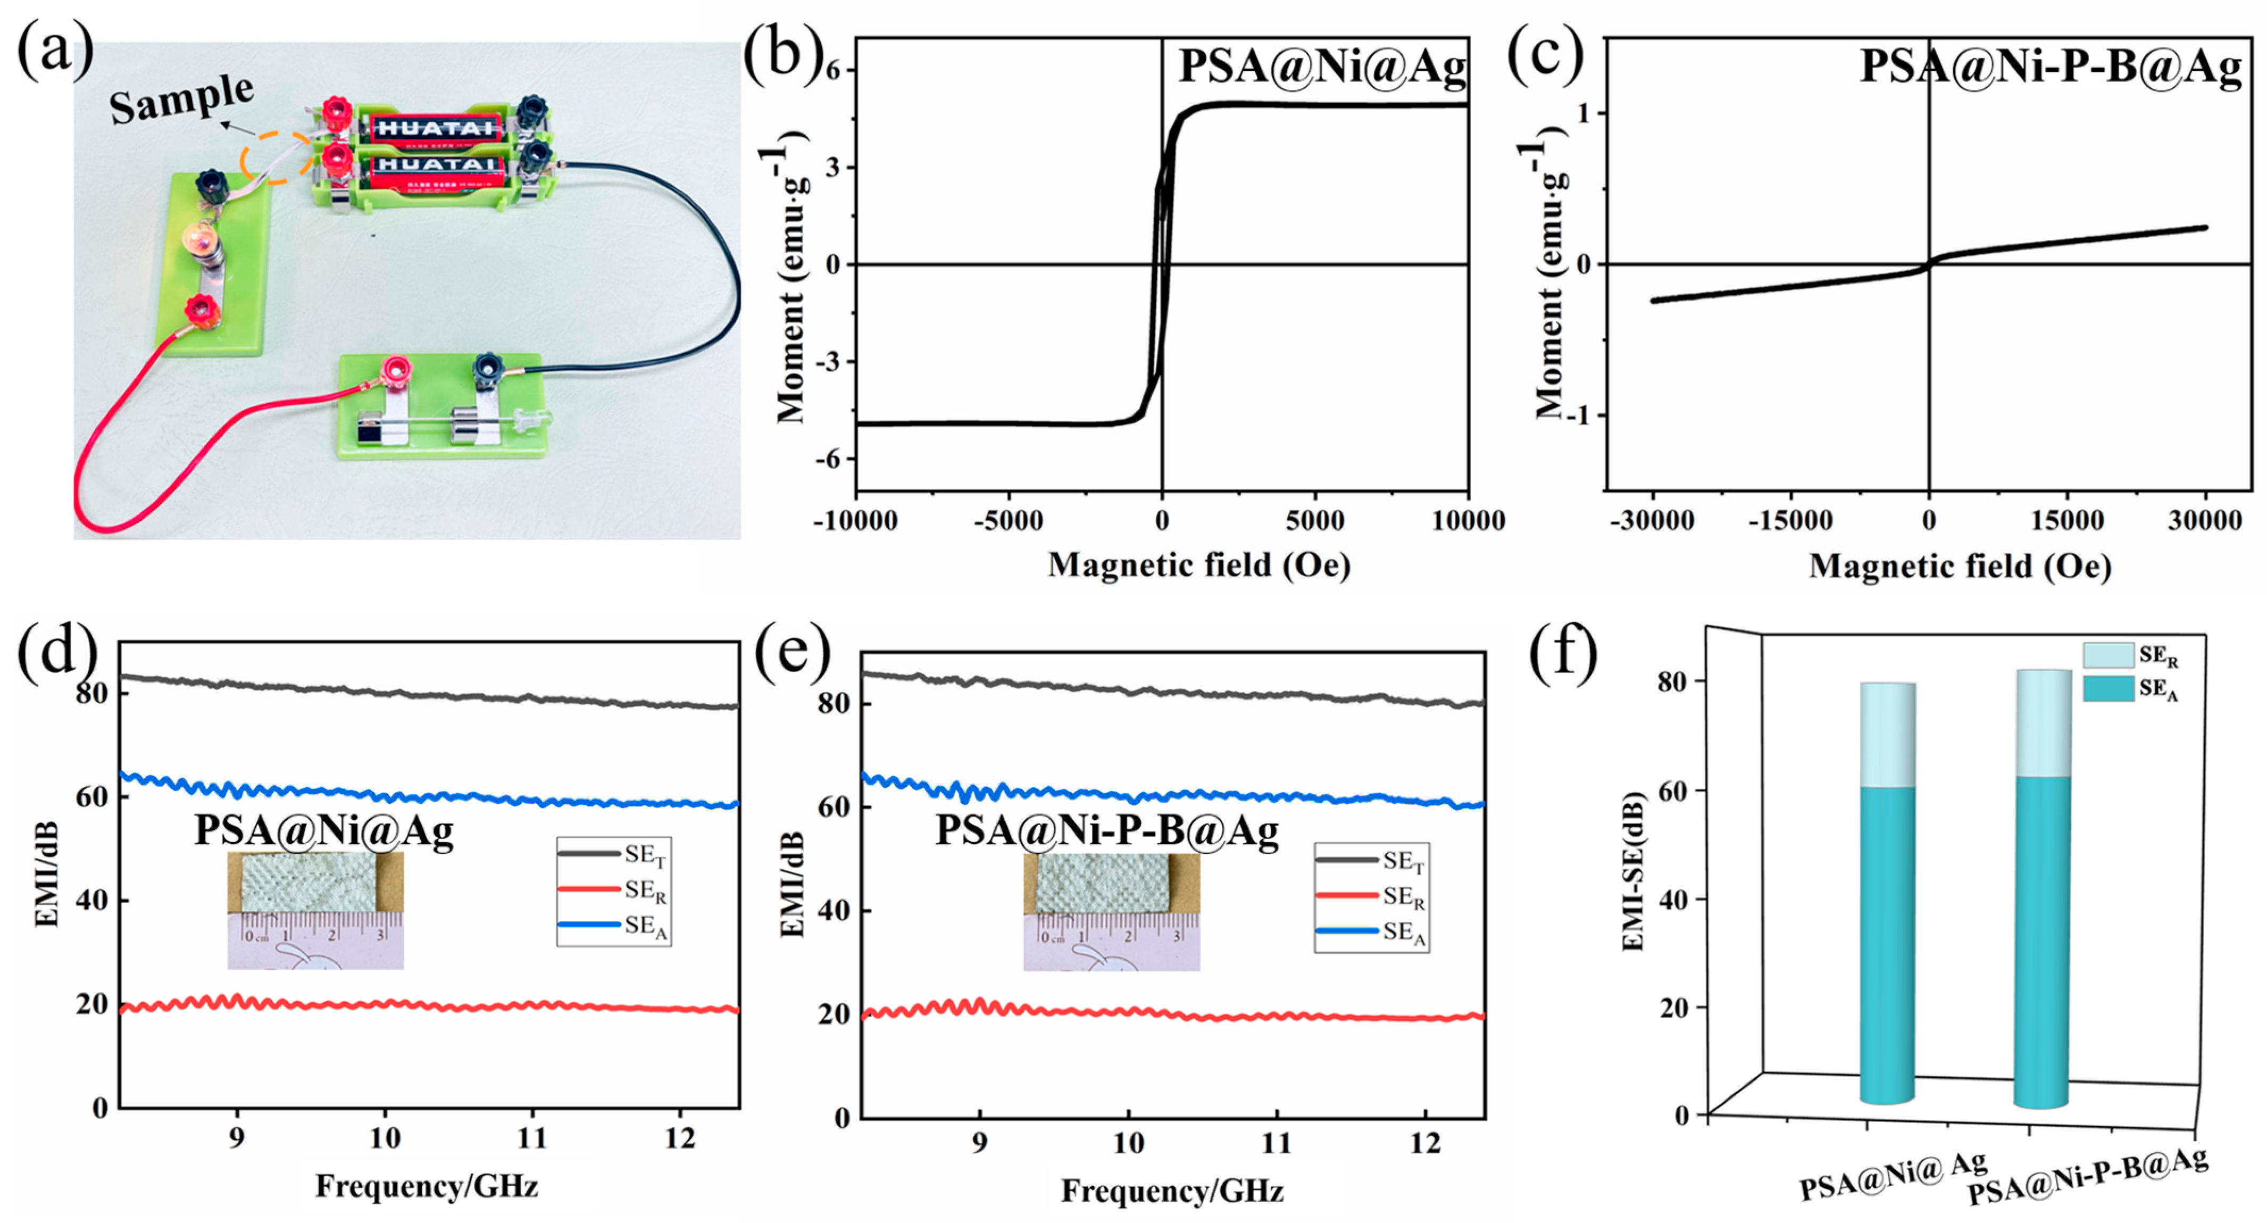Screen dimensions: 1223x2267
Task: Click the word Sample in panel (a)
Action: click(x=181, y=98)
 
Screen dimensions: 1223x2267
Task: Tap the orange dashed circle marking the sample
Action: click(x=277, y=159)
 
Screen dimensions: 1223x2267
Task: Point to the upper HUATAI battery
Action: click(x=434, y=128)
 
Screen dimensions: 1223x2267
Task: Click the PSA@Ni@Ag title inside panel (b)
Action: click(x=1322, y=67)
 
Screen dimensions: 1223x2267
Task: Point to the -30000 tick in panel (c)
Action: click(x=1652, y=521)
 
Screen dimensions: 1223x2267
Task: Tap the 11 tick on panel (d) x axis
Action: click(x=531, y=1138)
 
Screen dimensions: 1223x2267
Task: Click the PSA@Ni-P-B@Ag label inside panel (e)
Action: click(x=1106, y=830)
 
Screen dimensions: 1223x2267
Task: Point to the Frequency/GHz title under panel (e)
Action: click(x=1171, y=1191)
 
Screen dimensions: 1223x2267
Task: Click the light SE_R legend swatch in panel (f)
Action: click(x=2108, y=655)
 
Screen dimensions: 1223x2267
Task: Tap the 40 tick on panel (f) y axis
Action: click(x=1677, y=899)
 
